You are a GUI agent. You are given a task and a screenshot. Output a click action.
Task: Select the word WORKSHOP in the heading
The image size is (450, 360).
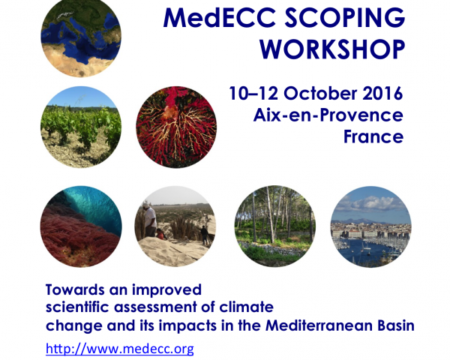coord(332,49)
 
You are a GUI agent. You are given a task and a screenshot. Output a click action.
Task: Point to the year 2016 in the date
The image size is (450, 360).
coord(382,93)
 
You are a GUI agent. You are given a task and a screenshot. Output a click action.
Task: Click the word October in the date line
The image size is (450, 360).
coord(320,93)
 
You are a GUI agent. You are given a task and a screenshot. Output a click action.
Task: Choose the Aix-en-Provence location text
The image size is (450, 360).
coord(328,115)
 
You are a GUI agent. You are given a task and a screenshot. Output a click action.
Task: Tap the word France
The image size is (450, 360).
coord(373,136)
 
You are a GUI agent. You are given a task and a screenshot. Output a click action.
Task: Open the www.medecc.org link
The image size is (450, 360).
coord(120,349)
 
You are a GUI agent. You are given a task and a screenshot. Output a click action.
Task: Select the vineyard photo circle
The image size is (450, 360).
coord(81,127)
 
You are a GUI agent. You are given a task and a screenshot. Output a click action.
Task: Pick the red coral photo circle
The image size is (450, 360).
coord(176,127)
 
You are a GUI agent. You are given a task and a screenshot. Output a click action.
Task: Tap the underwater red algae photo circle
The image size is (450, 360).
coord(81,226)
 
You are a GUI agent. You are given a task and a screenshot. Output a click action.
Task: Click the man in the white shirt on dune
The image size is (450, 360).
coord(150,220)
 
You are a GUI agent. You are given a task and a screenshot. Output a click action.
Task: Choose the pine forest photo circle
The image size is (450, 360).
coord(275,226)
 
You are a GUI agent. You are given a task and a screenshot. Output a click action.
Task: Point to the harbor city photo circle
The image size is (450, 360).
coord(370,226)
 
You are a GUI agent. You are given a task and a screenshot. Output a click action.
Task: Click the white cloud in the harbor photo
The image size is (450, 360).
coord(373,203)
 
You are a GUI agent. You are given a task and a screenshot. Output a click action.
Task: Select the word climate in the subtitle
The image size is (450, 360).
coord(246,307)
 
